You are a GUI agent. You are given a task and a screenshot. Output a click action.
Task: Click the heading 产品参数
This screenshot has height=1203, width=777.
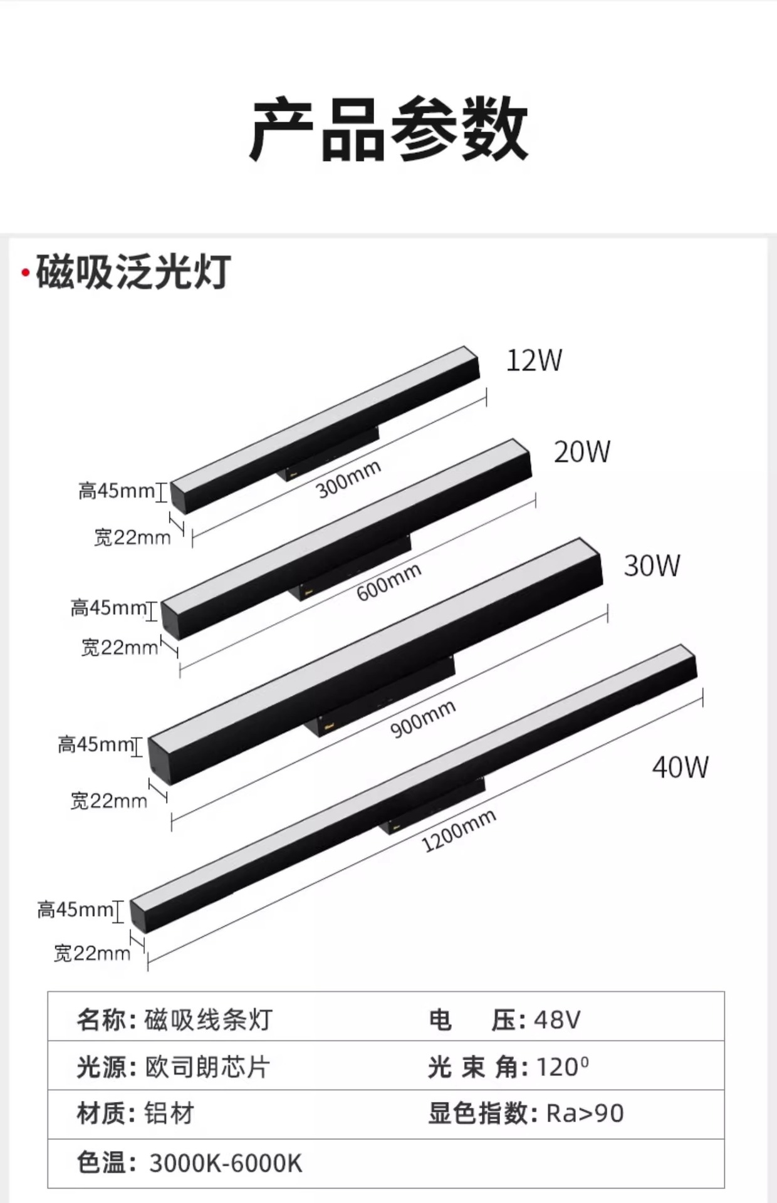click(388, 129)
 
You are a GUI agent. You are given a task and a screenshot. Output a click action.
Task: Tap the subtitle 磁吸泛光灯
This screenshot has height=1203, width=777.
click(133, 273)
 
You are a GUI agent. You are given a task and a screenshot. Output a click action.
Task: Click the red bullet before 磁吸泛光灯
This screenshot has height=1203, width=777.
click(25, 273)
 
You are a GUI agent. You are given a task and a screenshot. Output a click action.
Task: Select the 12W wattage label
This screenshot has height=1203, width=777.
click(534, 360)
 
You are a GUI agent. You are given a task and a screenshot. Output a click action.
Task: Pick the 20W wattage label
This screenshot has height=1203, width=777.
click(582, 452)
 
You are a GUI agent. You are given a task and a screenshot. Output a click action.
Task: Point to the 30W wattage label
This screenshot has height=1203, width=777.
click(652, 566)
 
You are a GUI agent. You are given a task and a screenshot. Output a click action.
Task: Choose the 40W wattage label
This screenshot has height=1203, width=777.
click(681, 767)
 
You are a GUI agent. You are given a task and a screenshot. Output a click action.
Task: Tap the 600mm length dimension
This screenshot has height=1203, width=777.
click(388, 582)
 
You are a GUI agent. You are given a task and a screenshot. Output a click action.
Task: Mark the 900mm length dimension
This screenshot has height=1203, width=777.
click(423, 719)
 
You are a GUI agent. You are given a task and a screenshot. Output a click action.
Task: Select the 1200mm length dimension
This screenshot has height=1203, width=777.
click(459, 831)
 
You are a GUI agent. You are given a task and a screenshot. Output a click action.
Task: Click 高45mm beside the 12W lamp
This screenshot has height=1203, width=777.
click(117, 491)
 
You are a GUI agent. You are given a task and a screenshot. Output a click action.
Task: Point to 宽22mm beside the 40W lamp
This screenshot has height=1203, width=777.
click(92, 954)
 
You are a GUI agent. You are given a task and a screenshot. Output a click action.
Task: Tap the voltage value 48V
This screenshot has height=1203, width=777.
click(557, 1020)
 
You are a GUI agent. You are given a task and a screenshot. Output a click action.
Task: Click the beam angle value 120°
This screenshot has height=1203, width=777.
click(562, 1067)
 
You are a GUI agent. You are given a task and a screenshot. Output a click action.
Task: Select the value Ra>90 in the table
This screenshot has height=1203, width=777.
click(585, 1113)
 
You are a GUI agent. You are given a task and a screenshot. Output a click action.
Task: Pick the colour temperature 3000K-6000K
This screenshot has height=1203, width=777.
click(226, 1163)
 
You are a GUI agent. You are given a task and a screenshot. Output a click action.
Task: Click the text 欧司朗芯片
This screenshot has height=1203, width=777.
click(208, 1067)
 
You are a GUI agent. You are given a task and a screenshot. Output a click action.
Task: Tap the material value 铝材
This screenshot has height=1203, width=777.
click(169, 1113)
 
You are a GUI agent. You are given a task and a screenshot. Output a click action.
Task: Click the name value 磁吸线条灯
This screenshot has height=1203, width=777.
click(208, 1020)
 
